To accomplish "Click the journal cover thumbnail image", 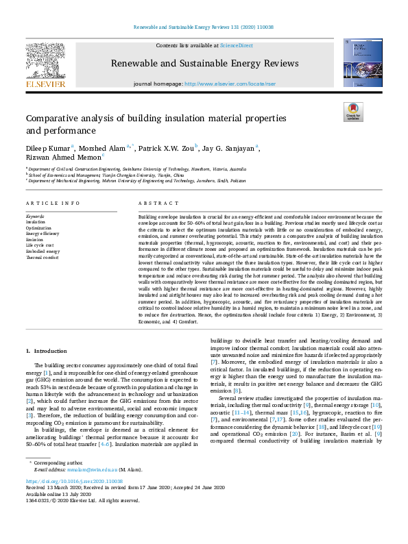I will point(362,64).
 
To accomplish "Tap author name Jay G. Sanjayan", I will point(229,147).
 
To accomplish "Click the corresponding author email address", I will point(93,508).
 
